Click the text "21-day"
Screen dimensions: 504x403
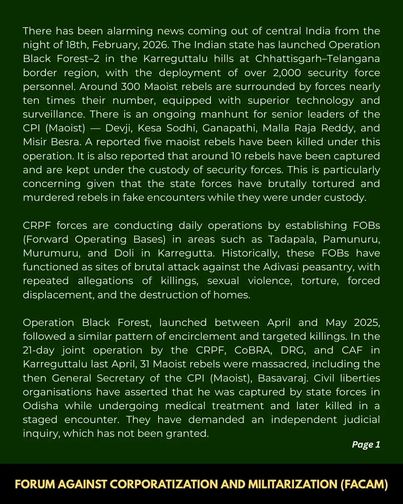coord(38,350)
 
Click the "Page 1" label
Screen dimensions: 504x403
coord(366,444)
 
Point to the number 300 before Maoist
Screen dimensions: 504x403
coord(130,87)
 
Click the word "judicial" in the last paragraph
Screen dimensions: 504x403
coord(359,420)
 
